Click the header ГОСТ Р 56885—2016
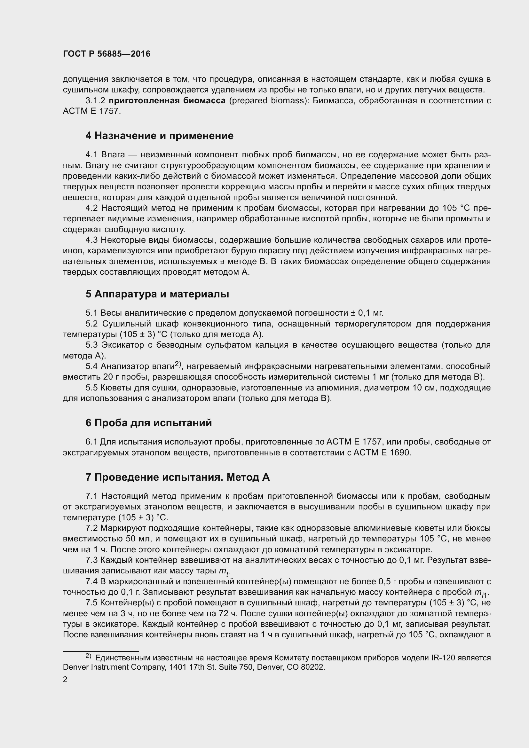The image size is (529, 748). point(107,54)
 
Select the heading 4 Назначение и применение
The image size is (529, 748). point(159,136)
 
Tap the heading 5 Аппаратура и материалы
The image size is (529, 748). point(157,294)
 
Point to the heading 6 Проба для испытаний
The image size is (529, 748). point(148,423)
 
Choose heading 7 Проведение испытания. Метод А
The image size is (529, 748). point(178,477)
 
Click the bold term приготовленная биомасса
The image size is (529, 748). point(167,100)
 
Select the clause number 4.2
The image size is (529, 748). point(91,208)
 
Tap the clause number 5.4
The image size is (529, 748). point(91,366)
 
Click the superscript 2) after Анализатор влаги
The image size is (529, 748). point(178,364)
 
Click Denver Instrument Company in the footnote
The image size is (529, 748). point(114,667)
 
